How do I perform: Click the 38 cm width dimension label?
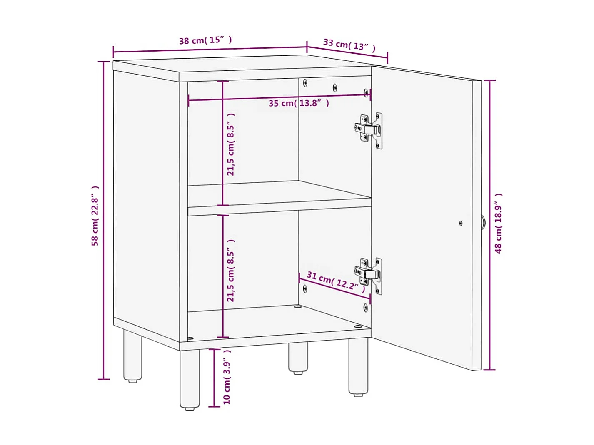pos(205,40)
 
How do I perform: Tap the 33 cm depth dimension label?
pos(349,45)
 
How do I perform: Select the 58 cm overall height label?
pos(95,216)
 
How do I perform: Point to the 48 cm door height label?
pos(498,223)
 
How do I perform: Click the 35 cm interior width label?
pos(299,103)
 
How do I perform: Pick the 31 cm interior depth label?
pos(336,281)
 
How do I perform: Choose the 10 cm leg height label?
pos(227,377)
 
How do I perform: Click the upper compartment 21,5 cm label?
pos(231,144)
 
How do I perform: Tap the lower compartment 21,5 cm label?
pos(231,270)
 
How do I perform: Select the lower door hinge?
pos(369,273)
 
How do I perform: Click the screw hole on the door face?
pos(461,223)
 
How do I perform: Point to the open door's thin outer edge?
pos(477,225)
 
